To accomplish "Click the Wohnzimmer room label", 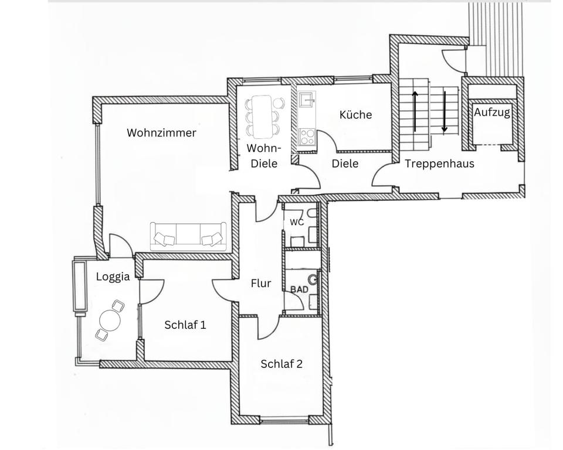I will pos(161,133).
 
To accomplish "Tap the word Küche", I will pos(355,115).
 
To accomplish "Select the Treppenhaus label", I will pos(439,163).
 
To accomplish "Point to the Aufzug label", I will pos(492,112).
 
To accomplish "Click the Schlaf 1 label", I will pos(185,325).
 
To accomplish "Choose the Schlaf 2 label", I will pos(281,364).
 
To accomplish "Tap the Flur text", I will pos(261,284).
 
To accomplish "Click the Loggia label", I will pos(113,277).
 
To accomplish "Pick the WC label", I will pos(297,222).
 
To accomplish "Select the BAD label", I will pos(299,289).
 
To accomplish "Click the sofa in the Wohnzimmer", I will pos(188,236).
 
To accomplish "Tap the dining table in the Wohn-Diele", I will pos(262,115).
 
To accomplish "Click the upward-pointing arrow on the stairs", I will pos(415,111).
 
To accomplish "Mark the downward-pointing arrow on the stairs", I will pos(445,111).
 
